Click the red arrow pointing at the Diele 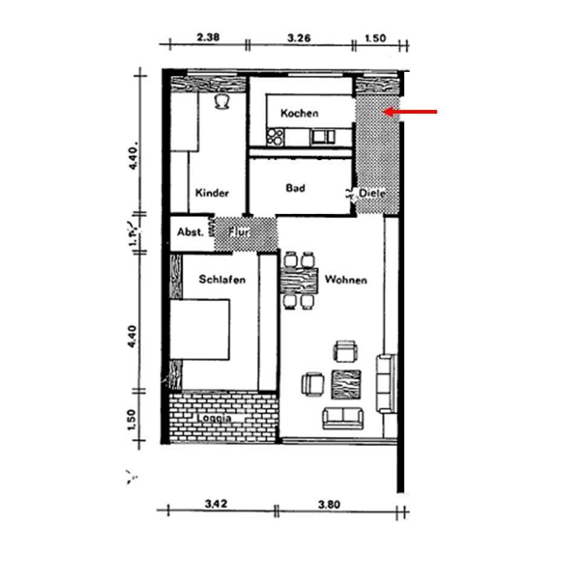point(411,112)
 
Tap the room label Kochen point(299,113)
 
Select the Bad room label point(295,188)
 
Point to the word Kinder point(211,193)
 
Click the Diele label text point(372,193)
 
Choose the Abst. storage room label point(190,232)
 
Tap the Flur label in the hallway point(240,231)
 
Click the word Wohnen point(346,280)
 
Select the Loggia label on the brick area point(214,418)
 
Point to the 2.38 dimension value point(208,37)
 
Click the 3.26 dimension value point(299,37)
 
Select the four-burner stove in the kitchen point(276,137)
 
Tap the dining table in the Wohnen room point(300,279)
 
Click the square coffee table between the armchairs point(346,384)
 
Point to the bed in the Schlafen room point(200,330)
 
